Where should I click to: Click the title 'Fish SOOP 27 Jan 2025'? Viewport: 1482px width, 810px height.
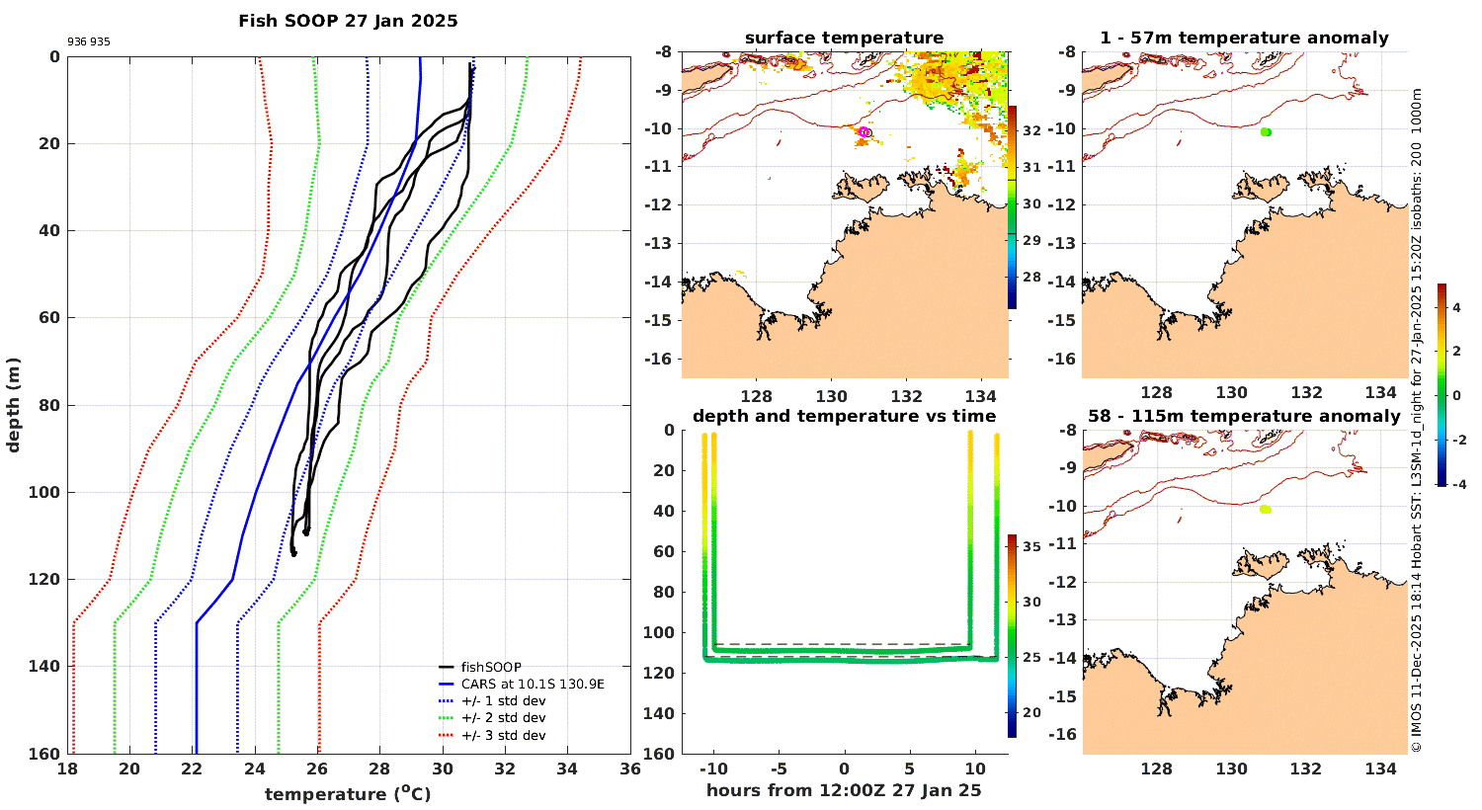(x=348, y=21)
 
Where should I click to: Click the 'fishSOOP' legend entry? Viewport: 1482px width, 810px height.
(x=490, y=667)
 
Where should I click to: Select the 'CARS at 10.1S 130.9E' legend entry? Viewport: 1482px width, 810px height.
(x=533, y=684)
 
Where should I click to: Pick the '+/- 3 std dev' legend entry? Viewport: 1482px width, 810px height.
(x=503, y=735)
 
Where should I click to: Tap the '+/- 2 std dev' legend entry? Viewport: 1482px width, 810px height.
(x=503, y=718)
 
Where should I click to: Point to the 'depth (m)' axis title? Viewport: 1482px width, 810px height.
(x=13, y=404)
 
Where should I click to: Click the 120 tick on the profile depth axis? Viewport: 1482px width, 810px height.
(x=47, y=580)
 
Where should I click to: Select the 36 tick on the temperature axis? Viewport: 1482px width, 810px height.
(x=629, y=769)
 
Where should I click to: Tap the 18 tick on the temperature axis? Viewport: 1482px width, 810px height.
(x=67, y=769)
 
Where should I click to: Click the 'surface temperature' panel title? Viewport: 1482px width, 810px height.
(x=844, y=39)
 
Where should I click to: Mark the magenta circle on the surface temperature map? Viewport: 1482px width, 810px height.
(x=864, y=131)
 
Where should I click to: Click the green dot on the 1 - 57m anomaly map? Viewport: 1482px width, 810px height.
(x=1266, y=131)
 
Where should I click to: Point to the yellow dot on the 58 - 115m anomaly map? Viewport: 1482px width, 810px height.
(x=1266, y=510)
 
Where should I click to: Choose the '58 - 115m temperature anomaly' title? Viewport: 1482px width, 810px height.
(x=1244, y=417)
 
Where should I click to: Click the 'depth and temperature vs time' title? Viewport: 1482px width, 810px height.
(x=844, y=417)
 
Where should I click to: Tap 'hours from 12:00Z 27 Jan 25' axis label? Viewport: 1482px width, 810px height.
(x=844, y=790)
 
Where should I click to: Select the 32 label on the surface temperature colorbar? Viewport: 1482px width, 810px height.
(x=1030, y=130)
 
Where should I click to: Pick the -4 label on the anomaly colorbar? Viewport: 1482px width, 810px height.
(x=1456, y=484)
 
